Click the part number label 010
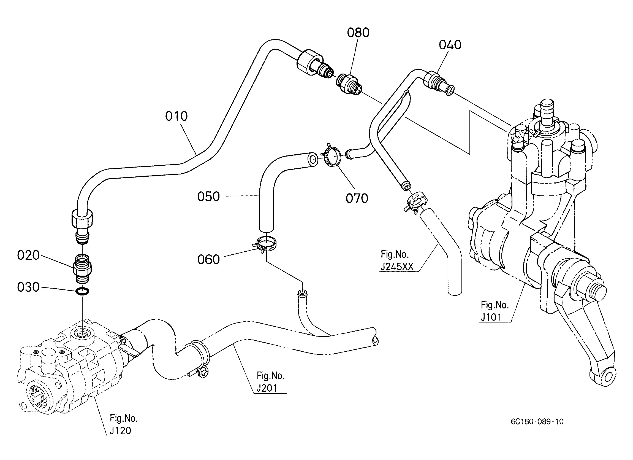point(176,116)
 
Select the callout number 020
point(28,255)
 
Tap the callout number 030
point(28,287)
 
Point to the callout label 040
point(450,45)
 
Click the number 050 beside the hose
point(208,197)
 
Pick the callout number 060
point(208,260)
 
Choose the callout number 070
point(357,198)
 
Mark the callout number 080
point(358,33)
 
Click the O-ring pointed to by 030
point(83,292)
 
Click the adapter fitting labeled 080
point(349,84)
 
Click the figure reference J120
point(120,431)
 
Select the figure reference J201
point(267,388)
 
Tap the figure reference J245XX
point(397,267)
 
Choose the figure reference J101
point(491,317)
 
